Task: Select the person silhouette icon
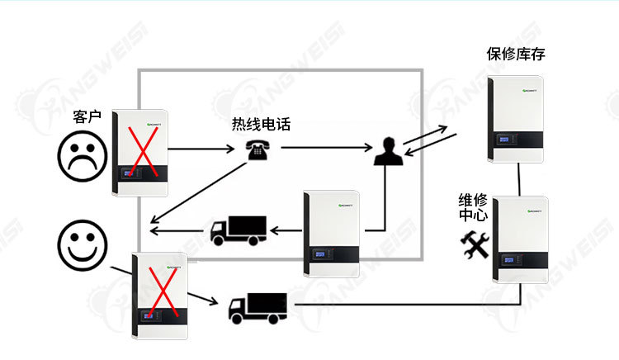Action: pyautogui.click(x=388, y=153)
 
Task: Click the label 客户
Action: pyautogui.click(x=87, y=118)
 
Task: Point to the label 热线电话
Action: pyautogui.click(x=261, y=125)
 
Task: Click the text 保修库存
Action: pyautogui.click(x=516, y=55)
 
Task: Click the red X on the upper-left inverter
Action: pyautogui.click(x=141, y=151)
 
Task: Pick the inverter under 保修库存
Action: pyautogui.click(x=517, y=120)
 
